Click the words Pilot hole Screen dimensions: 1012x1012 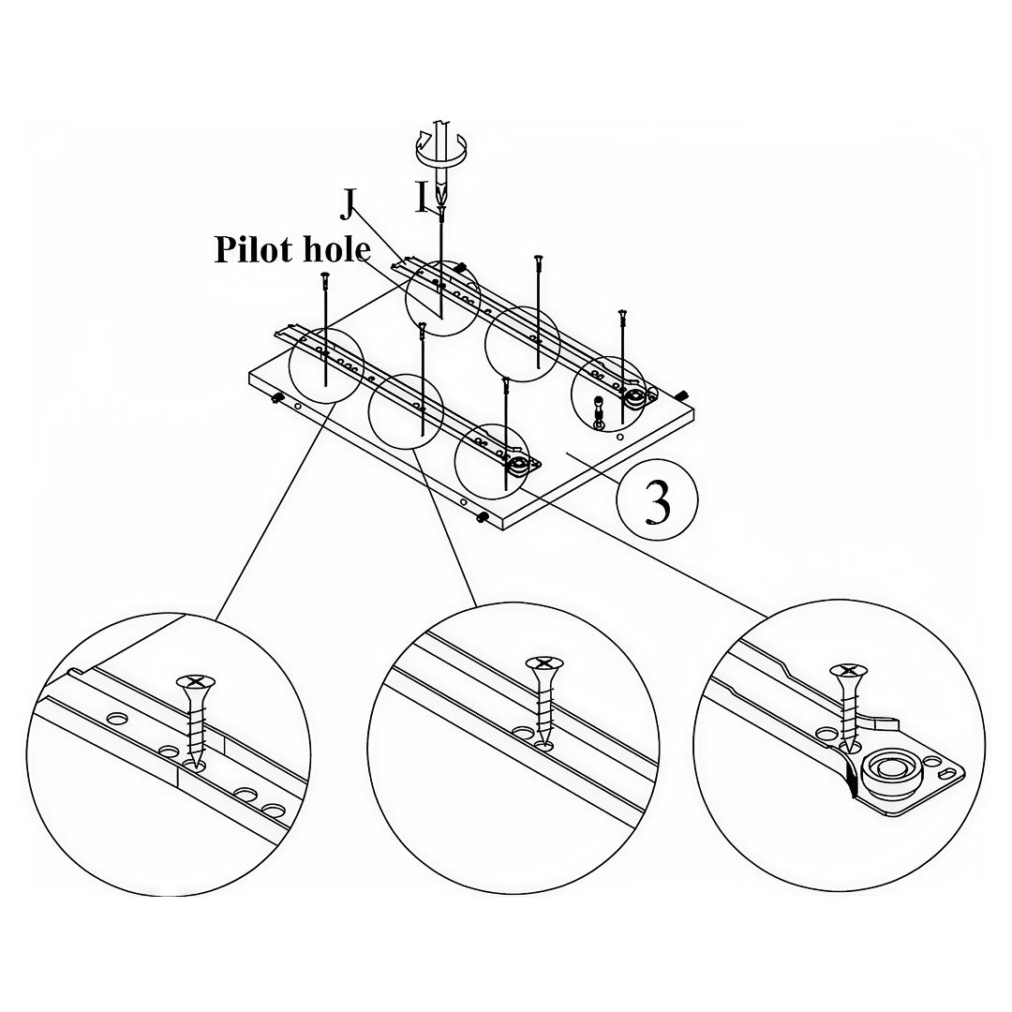click(292, 249)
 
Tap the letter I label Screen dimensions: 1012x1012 click(423, 196)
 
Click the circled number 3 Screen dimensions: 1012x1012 click(657, 503)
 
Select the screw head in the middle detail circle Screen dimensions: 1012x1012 click(543, 664)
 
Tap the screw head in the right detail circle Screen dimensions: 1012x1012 click(846, 671)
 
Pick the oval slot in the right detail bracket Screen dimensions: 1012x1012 click(947, 770)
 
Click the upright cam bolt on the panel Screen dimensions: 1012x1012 click(600, 409)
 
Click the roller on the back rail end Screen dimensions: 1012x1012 click(634, 398)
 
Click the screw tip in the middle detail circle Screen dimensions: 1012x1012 click(543, 746)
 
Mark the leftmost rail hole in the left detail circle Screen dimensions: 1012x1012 click(117, 719)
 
